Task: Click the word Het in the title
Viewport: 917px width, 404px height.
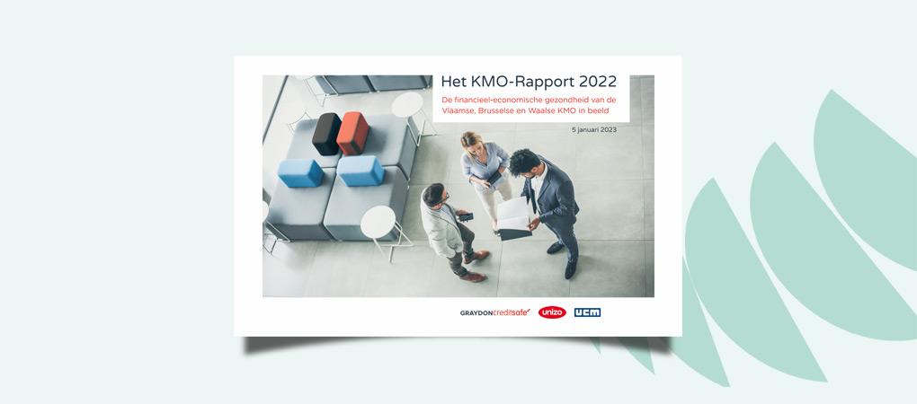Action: (x=452, y=81)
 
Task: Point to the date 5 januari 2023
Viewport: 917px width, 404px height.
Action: (x=593, y=129)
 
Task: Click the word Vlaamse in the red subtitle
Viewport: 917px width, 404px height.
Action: (x=458, y=111)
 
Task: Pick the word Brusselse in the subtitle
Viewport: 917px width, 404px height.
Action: (x=497, y=111)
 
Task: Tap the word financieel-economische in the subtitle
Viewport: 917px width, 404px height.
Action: (x=496, y=100)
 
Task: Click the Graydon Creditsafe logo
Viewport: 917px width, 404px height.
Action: (x=494, y=312)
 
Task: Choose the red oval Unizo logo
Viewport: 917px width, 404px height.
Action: (x=552, y=312)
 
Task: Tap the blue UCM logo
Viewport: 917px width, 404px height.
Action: (x=587, y=312)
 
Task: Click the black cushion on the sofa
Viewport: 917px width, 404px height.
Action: (x=326, y=134)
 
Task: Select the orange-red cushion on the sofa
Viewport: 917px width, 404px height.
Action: (x=352, y=133)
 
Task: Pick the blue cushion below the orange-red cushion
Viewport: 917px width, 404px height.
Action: (x=361, y=171)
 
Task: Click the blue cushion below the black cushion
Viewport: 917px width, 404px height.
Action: (x=300, y=172)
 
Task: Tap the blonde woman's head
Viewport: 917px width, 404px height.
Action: (x=471, y=140)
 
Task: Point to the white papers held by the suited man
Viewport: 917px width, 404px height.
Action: (x=513, y=215)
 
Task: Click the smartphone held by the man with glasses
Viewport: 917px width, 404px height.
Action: (x=466, y=216)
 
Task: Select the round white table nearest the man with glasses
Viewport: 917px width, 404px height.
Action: (x=378, y=222)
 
